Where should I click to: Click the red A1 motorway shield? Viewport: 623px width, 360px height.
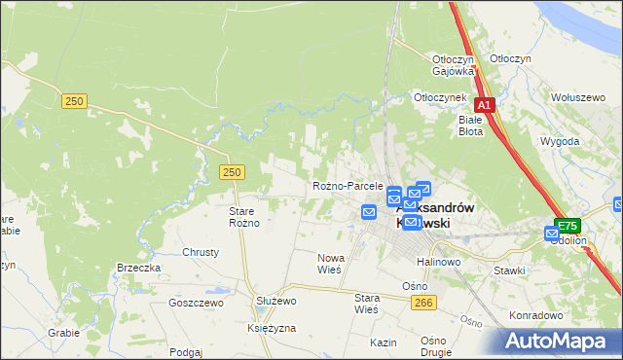click(485, 105)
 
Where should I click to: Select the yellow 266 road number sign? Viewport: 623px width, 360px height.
click(422, 304)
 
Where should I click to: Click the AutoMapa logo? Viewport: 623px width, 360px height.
click(562, 342)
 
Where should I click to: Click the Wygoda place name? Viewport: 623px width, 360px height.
click(559, 141)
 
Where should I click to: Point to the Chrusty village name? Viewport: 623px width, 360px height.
click(201, 252)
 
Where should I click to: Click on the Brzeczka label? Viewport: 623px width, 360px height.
click(138, 268)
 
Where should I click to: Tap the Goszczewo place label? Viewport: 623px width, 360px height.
click(196, 303)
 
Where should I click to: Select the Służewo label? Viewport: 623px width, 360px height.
click(275, 302)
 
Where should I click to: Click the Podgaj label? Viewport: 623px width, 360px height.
click(185, 352)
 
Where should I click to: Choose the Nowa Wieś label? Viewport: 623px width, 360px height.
click(331, 264)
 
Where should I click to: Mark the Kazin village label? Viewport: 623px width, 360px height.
click(383, 343)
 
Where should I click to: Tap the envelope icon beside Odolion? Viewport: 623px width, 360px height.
click(553, 234)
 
